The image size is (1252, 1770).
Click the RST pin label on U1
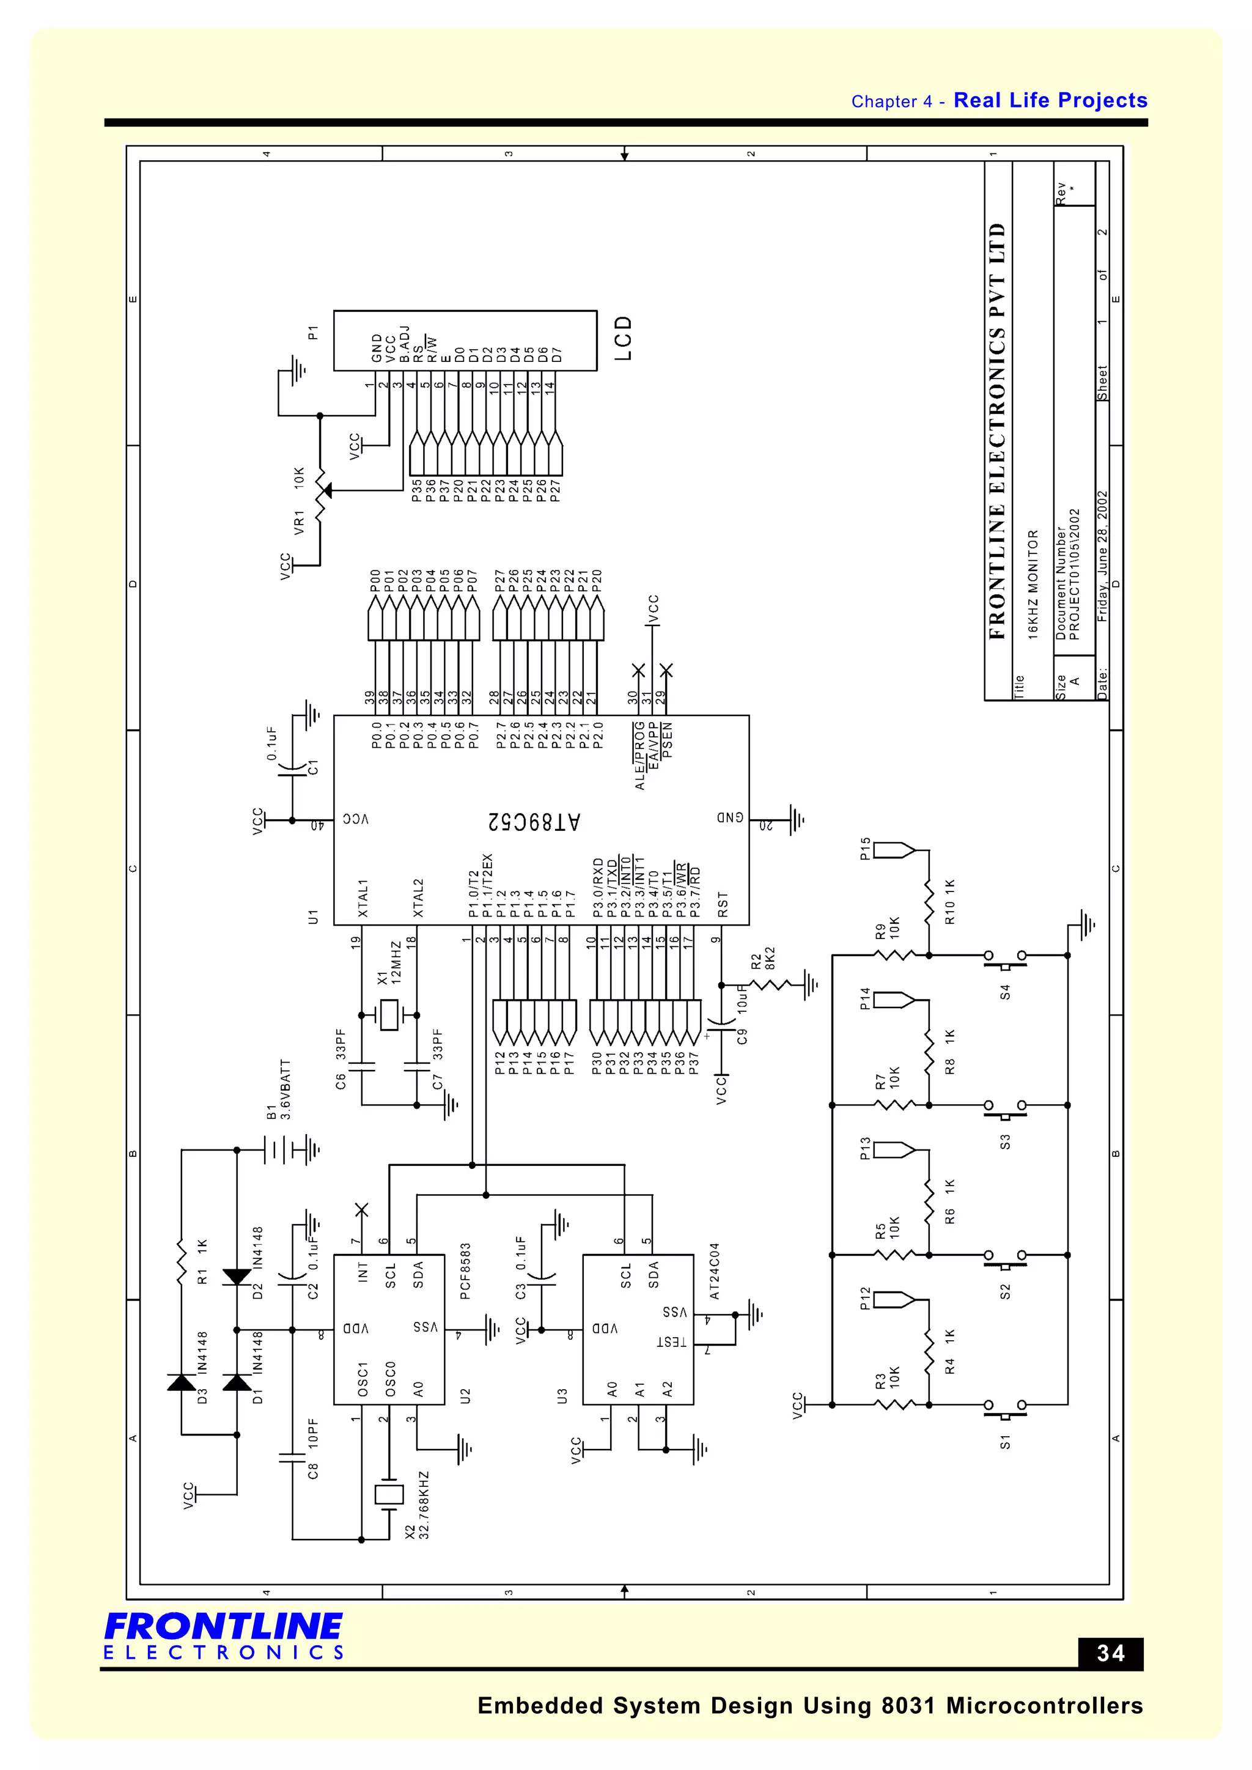(723, 904)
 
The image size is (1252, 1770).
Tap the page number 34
(1110, 1654)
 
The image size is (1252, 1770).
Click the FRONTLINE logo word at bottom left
(224, 1626)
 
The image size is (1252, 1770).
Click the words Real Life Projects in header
(1050, 100)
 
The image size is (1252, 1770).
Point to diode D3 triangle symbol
(182, 1382)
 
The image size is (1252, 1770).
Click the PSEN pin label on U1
(668, 740)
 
